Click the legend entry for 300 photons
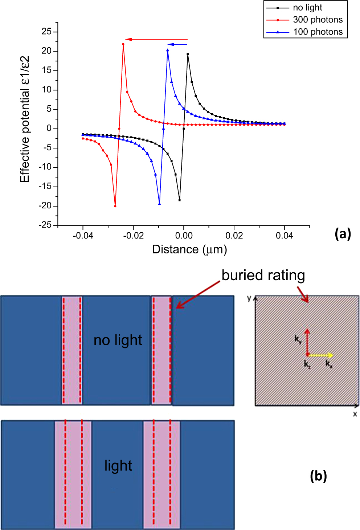point(318,20)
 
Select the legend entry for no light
point(307,8)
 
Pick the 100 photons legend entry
point(318,32)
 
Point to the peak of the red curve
point(123,44)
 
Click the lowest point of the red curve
point(115,206)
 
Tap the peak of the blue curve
point(168,50)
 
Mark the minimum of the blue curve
point(159,204)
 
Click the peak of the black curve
point(188,54)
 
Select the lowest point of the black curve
point(179,200)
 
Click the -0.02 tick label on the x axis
point(133,236)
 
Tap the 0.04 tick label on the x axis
point(284,236)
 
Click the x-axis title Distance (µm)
point(189,249)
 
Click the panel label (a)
point(343,233)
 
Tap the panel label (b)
point(318,476)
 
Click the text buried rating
point(263,275)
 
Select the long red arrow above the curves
point(156,39)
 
